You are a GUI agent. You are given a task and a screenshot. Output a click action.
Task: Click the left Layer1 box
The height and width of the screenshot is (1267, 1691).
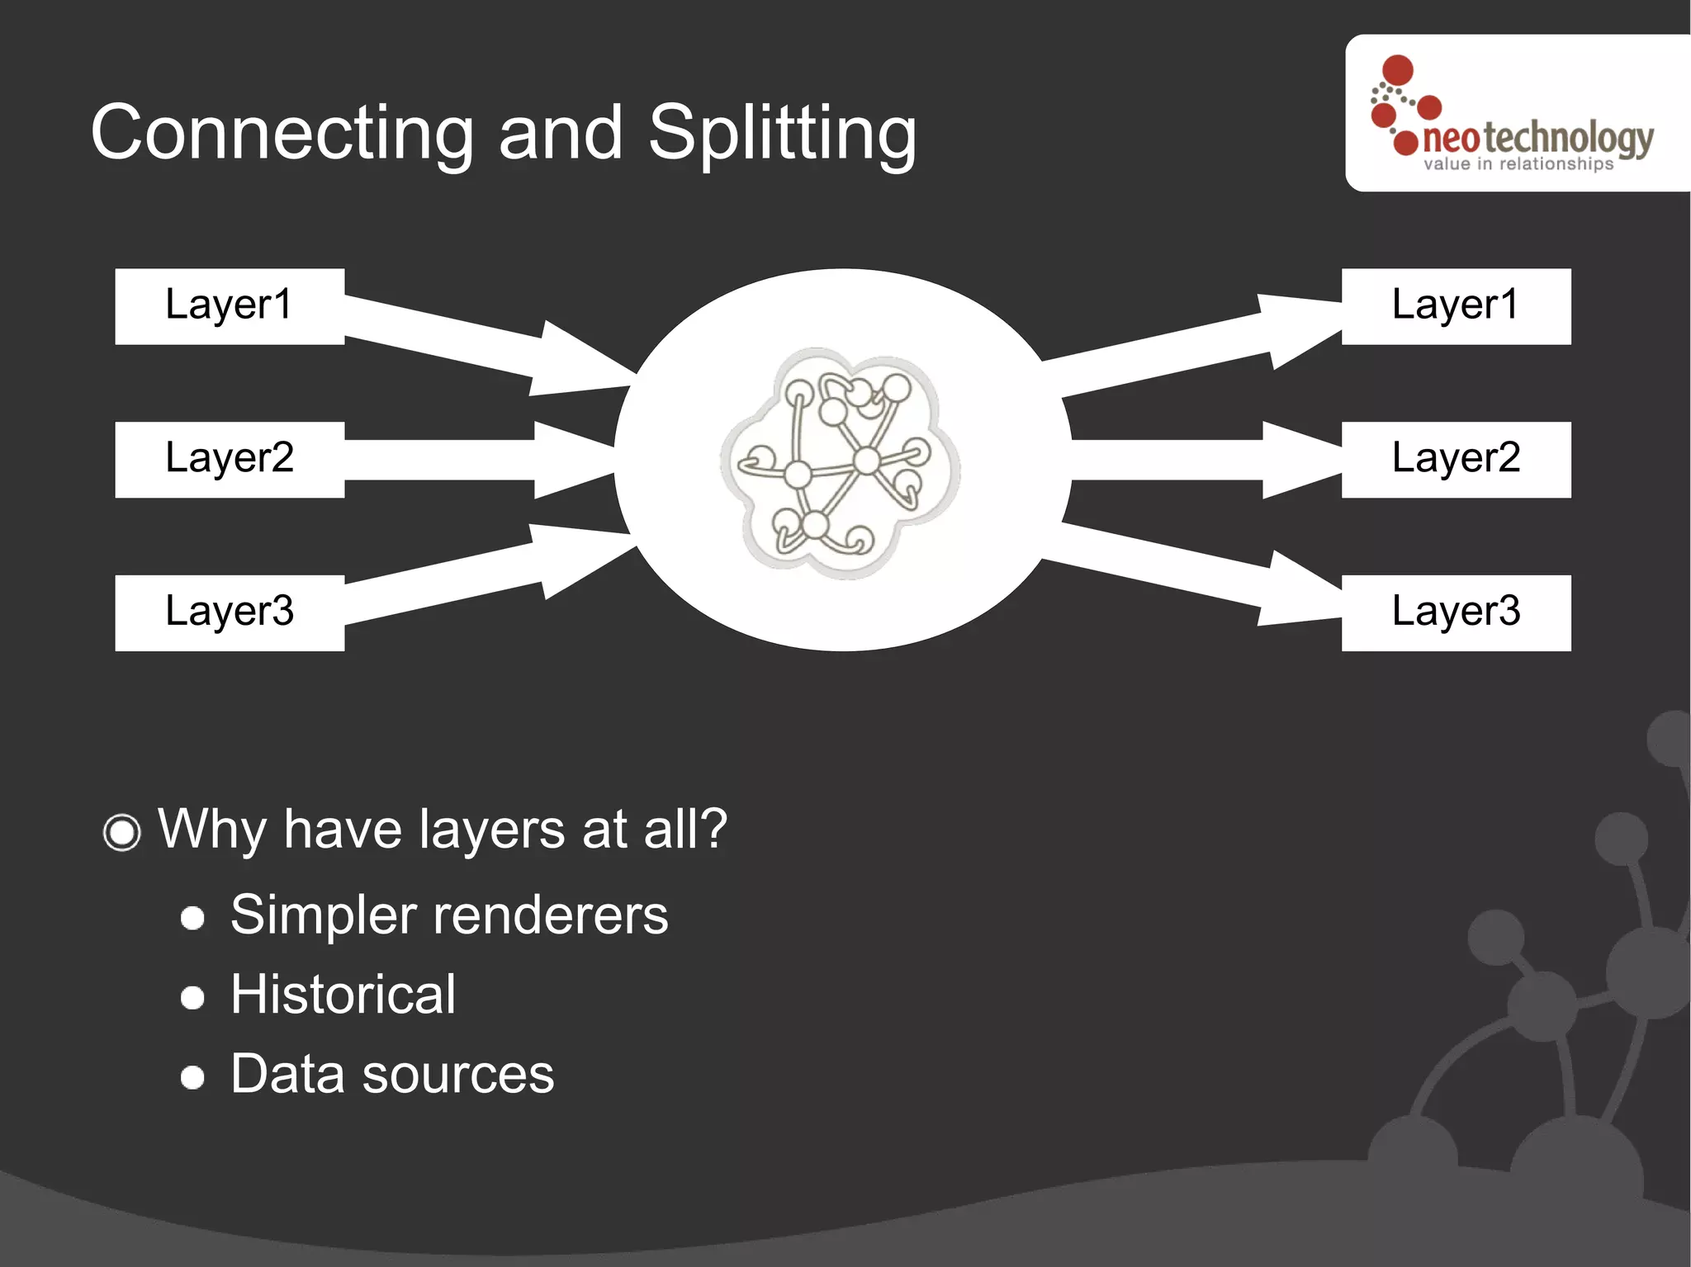point(230,306)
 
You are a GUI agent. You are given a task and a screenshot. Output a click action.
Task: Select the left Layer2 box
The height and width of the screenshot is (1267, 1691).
point(230,460)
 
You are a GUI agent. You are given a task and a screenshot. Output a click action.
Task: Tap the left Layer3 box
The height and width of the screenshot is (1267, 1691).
point(230,613)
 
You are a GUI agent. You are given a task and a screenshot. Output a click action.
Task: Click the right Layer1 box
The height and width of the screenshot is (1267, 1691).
point(1456,306)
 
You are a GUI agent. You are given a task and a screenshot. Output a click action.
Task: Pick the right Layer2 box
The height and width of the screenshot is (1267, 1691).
point(1456,460)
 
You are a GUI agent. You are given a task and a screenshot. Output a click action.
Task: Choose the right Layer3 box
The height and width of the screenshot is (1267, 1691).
point(1456,613)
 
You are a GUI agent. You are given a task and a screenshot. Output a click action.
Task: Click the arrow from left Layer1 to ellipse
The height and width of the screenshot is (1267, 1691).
point(487,342)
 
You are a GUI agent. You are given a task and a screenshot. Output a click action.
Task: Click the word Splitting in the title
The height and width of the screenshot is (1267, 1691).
point(782,134)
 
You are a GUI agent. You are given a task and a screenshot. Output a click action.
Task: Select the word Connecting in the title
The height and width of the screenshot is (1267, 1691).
point(282,134)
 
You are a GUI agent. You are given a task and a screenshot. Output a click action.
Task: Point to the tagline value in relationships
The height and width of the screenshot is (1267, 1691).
point(1518,164)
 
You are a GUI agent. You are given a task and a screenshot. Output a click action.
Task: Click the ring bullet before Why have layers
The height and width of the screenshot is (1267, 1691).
point(122,832)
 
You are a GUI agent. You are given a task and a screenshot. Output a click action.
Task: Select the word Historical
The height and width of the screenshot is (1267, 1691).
point(343,995)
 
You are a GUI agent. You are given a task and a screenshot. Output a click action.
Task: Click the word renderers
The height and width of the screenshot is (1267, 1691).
point(550,916)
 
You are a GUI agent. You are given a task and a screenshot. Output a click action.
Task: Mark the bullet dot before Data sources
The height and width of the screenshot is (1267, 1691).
point(192,1077)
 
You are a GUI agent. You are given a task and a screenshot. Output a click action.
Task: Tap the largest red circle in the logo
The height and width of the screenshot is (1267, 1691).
point(1398,70)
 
